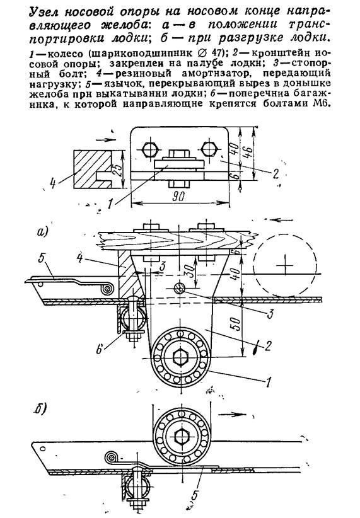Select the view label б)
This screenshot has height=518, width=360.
[40, 410]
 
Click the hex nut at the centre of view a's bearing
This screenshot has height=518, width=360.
[181, 357]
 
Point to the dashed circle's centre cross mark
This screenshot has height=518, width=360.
[284, 265]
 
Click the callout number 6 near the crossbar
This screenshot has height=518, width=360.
[100, 350]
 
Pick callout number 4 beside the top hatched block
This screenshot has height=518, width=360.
[53, 181]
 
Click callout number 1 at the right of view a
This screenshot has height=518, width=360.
[268, 382]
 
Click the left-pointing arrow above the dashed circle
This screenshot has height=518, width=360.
[282, 219]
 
